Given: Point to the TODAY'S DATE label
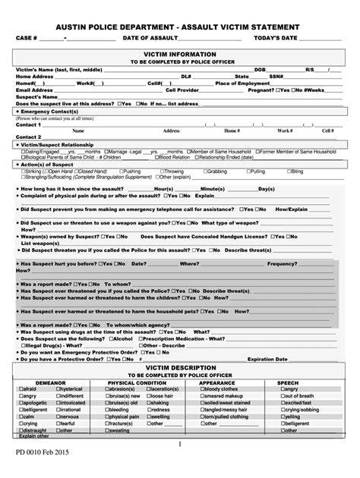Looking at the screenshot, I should pos(276,38).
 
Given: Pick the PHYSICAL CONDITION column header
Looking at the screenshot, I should pos(137,382).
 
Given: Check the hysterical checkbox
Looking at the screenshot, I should pos(59,389).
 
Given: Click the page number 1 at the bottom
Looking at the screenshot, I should pos(179,444).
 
